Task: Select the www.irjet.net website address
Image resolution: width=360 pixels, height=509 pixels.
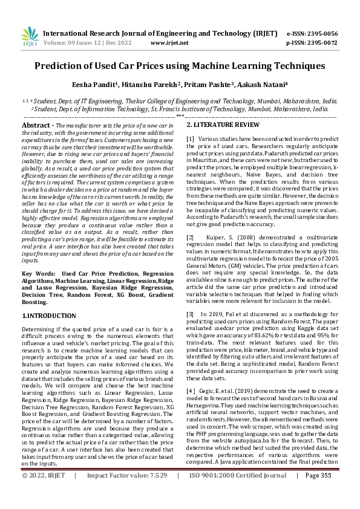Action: tap(167, 44)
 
